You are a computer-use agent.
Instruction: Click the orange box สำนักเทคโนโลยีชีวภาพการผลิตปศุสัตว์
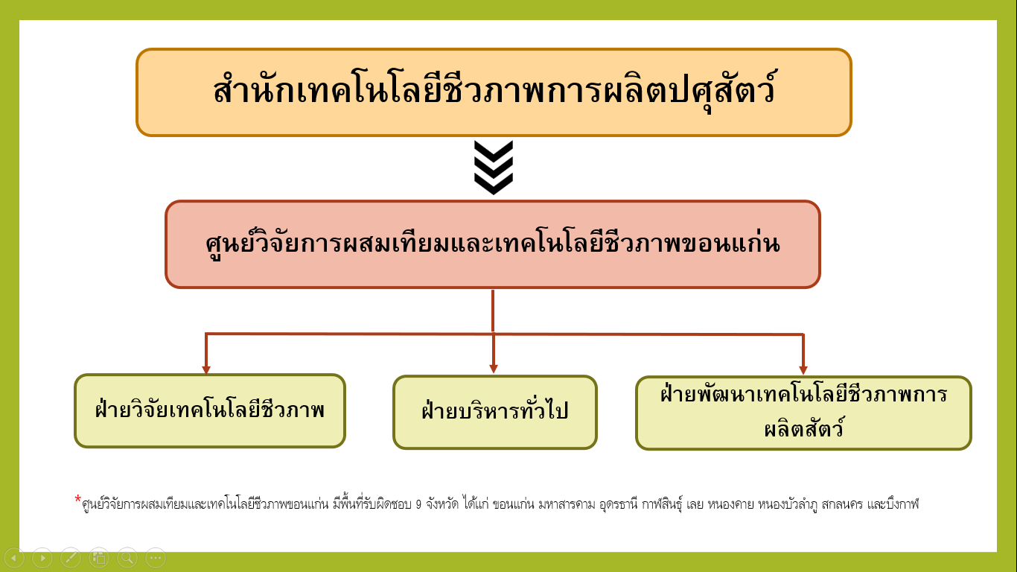click(x=493, y=92)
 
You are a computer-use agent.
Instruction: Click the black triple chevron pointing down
click(x=493, y=168)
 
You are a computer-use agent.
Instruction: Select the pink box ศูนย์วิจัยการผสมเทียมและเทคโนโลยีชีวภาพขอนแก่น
click(x=492, y=244)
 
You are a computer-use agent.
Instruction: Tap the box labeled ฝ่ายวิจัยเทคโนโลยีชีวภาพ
click(x=210, y=410)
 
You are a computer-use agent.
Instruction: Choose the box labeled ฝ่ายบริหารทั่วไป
click(x=494, y=412)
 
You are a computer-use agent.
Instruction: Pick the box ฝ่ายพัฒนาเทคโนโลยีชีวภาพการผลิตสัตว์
click(x=803, y=413)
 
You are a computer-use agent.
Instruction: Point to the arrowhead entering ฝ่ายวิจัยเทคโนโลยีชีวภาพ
click(x=206, y=369)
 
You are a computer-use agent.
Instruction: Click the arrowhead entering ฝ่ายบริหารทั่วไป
click(x=493, y=369)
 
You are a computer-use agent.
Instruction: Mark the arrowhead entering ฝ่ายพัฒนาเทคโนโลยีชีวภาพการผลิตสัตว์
click(x=803, y=369)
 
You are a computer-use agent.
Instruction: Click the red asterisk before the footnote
click(x=77, y=499)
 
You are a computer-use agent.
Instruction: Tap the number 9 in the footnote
click(x=419, y=505)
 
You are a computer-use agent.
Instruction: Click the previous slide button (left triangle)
click(x=14, y=557)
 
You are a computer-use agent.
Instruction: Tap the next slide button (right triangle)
click(x=42, y=557)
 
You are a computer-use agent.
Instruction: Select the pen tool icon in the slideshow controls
click(x=71, y=557)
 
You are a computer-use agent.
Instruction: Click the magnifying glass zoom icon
click(x=127, y=557)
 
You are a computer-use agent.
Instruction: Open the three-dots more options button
click(x=156, y=557)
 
